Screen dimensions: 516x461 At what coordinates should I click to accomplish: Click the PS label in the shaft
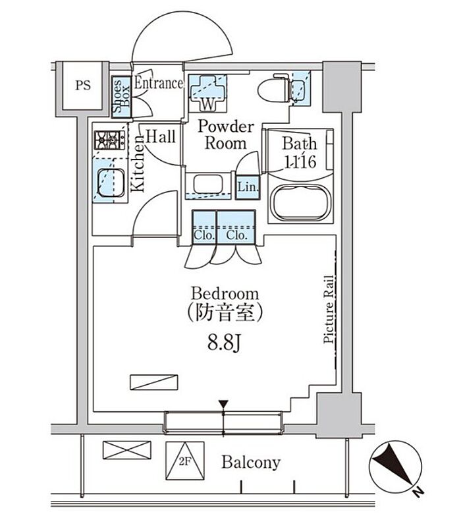click(x=82, y=85)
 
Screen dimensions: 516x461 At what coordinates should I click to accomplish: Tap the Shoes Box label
click(x=121, y=98)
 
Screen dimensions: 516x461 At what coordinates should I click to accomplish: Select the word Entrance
click(x=158, y=84)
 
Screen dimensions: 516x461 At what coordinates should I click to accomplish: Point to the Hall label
click(x=160, y=137)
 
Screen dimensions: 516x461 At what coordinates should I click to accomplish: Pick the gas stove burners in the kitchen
click(x=109, y=140)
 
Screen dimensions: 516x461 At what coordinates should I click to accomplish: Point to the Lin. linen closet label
click(x=248, y=187)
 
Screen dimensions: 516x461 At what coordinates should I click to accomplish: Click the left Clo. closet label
click(x=203, y=235)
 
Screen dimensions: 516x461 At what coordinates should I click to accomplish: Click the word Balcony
click(x=250, y=462)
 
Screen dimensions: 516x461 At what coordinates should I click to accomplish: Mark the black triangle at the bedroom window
click(x=224, y=403)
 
